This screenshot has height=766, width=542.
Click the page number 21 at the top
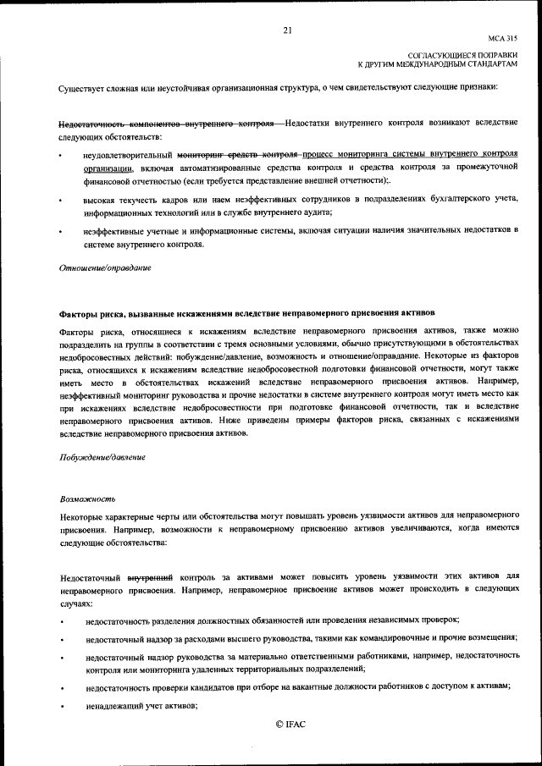pos(287,31)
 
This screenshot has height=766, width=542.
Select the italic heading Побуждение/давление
pos(102,457)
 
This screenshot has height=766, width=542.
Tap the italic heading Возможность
pos(87,499)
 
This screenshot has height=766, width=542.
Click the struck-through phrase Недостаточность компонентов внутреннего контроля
pos(166,124)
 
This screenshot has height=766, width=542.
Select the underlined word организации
pos(108,169)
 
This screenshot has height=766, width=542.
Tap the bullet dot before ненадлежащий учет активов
pos(60,707)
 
